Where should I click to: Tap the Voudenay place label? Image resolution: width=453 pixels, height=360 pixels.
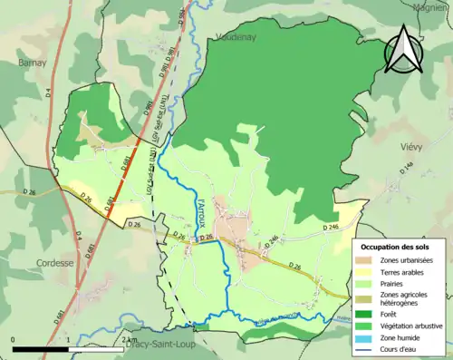pyautogui.click(x=238, y=38)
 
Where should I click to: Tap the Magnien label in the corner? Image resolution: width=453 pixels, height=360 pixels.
pyautogui.click(x=433, y=5)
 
